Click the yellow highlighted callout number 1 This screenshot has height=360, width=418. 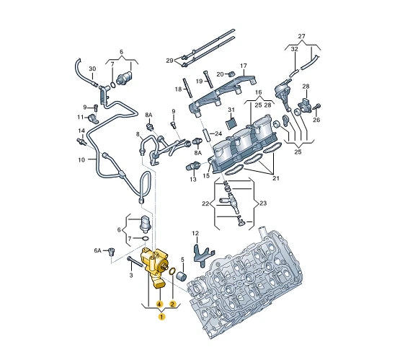[161, 317]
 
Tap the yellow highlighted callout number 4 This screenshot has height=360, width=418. [159, 304]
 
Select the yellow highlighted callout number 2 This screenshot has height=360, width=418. [173, 304]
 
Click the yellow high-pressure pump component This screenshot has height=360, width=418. [154, 267]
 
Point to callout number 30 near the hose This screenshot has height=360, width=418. [92, 69]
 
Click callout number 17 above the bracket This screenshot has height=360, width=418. [244, 66]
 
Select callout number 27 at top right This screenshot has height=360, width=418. [301, 36]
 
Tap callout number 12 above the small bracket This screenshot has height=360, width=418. [195, 234]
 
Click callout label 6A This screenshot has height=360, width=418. [98, 250]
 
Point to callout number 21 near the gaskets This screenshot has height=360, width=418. [276, 178]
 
